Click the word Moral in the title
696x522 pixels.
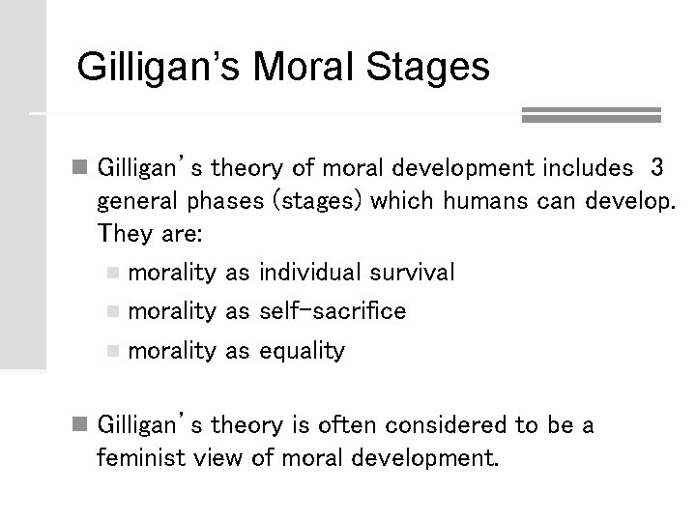point(304,68)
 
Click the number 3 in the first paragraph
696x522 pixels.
point(657,168)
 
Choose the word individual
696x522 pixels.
point(307,274)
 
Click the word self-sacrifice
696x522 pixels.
point(333,311)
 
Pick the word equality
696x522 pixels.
point(302,351)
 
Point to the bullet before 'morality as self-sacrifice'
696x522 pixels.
point(114,312)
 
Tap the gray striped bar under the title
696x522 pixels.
point(591,115)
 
